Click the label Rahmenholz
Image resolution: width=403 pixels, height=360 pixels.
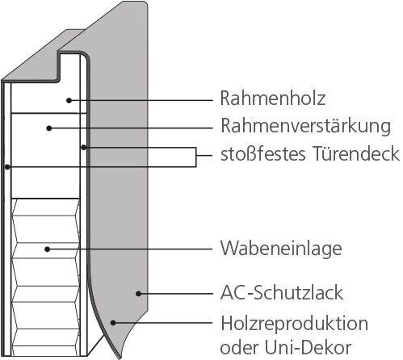point(273,98)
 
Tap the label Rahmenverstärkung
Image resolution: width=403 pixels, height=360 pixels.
point(306,126)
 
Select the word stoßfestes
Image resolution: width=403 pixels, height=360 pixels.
point(263,153)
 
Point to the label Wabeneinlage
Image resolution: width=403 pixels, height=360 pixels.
point(281,249)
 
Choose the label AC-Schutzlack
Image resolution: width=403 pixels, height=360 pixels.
point(282,293)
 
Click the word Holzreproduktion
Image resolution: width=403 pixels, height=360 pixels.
point(294,324)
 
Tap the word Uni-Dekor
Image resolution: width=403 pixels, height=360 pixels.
point(309,348)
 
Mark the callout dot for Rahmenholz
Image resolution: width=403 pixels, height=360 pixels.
point(69,100)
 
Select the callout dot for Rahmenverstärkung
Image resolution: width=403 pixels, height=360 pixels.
point(49,128)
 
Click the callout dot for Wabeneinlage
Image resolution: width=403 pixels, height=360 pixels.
point(48,249)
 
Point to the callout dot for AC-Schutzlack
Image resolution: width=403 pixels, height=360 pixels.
point(139,294)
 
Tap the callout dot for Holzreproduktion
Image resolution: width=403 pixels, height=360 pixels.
point(113,322)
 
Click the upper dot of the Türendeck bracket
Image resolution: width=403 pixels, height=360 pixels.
point(84,148)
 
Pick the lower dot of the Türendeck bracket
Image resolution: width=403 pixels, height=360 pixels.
point(7,167)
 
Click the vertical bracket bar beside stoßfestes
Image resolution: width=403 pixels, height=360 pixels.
point(195,157)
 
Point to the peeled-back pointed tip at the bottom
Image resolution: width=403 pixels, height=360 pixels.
point(120,358)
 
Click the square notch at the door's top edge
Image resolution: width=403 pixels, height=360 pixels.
point(70,66)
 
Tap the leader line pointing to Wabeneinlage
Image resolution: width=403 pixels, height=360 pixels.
point(130,249)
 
